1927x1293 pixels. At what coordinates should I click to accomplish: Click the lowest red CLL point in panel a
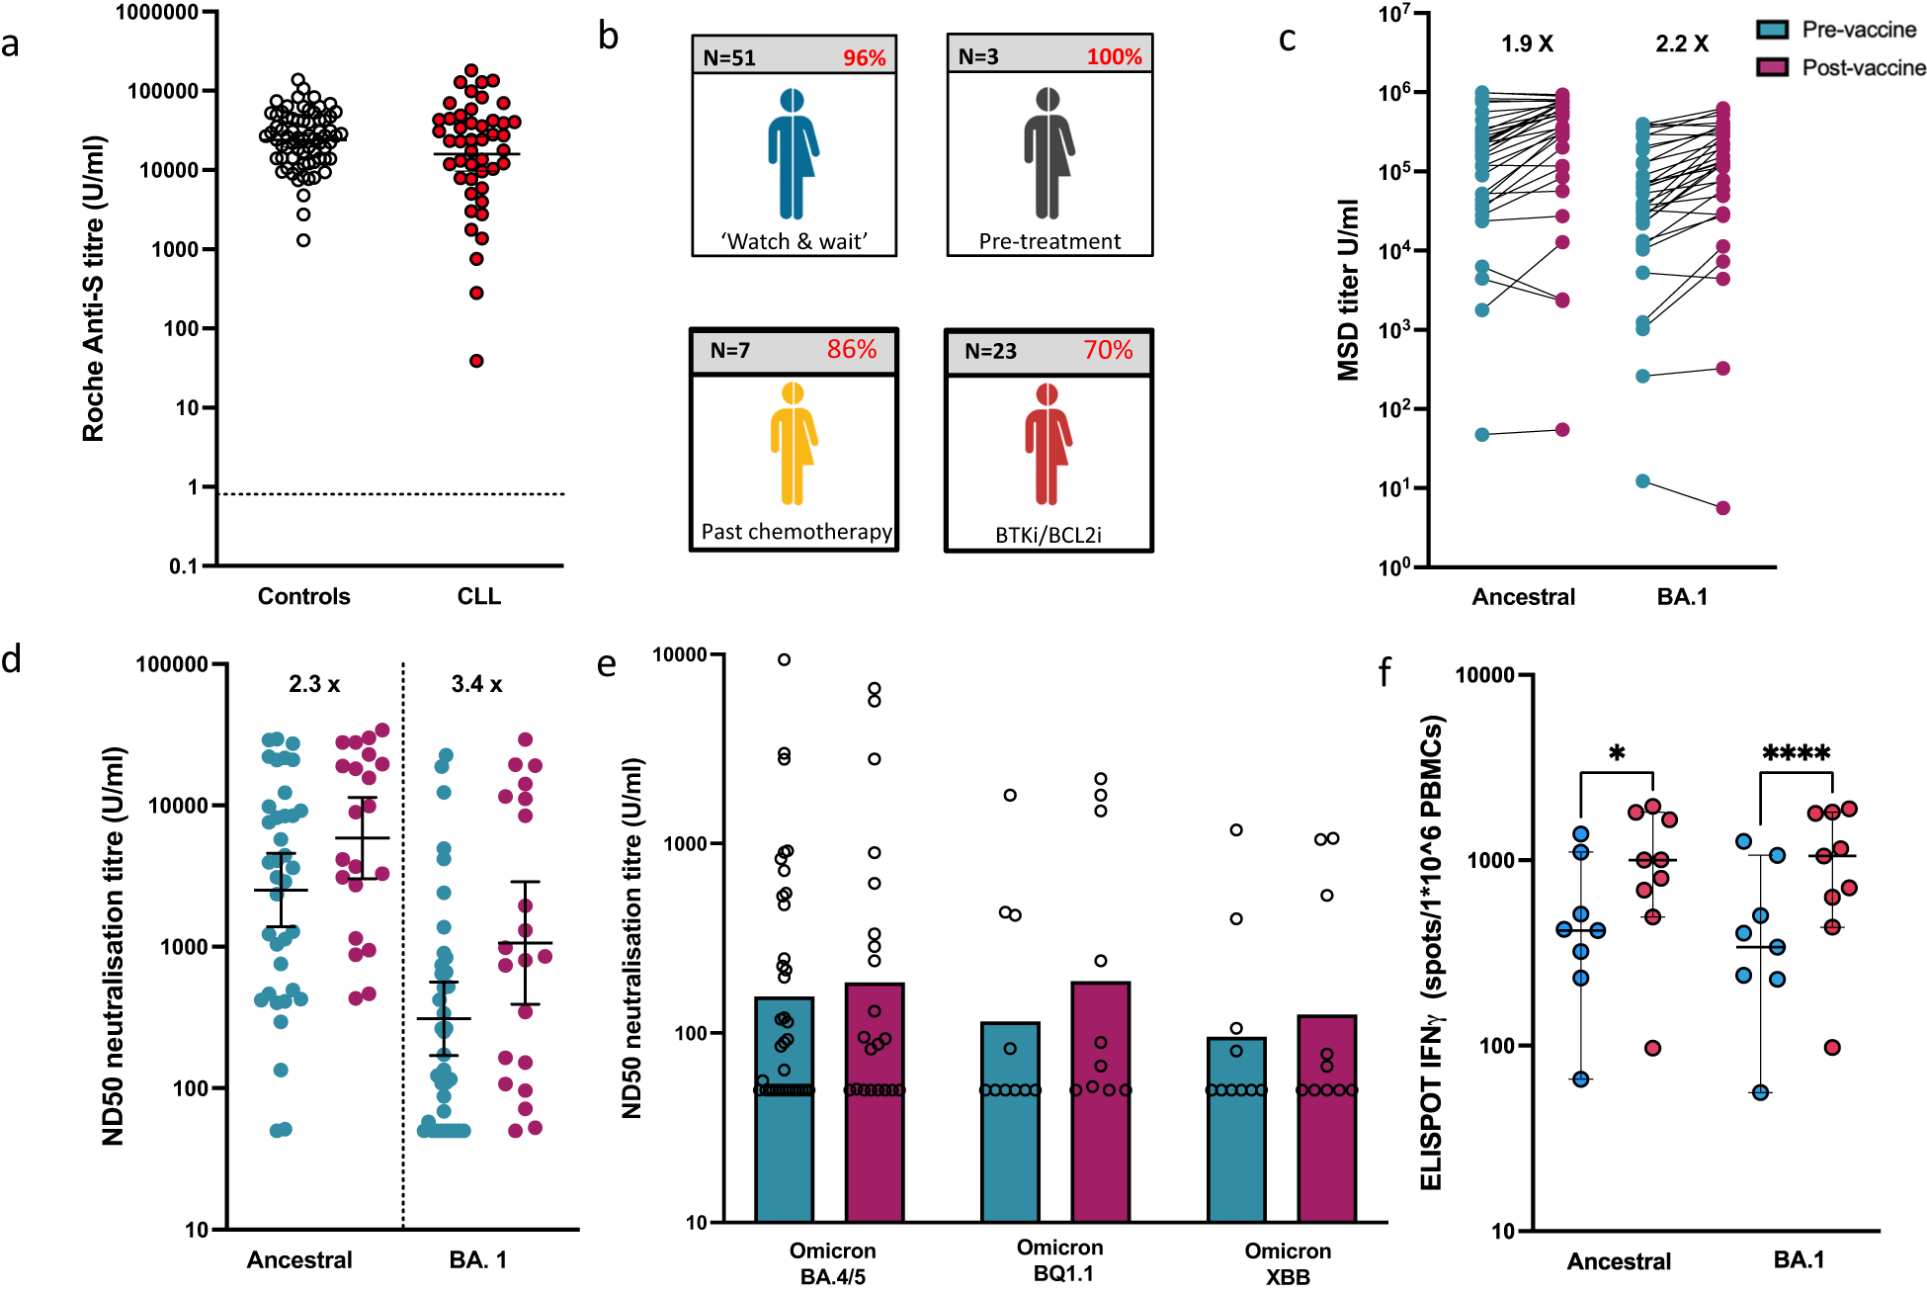pos(476,361)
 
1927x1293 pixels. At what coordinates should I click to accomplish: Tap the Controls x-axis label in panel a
pos(303,596)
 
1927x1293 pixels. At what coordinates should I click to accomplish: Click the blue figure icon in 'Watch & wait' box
pos(792,153)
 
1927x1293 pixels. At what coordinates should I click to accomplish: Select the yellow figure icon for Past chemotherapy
pos(793,444)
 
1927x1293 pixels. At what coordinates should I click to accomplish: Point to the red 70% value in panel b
pos(1108,350)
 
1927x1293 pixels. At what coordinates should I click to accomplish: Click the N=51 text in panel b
pos(729,58)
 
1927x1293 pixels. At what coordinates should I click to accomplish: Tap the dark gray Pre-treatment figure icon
pos(1047,153)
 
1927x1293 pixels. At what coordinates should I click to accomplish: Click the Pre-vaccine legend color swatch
pos(1772,30)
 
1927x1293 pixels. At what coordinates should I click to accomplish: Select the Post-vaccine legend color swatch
pos(1772,67)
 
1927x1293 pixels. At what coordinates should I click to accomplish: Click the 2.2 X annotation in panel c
pos(1682,43)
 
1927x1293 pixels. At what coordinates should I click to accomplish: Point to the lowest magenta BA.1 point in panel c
pos(1722,508)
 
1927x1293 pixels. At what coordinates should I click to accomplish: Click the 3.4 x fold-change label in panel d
pos(476,684)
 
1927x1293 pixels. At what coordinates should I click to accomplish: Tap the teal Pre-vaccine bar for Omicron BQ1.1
pos(1010,1122)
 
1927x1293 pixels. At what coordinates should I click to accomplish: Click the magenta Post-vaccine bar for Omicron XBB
pos(1326,1117)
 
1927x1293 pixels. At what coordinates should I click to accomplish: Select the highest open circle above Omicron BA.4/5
pos(784,659)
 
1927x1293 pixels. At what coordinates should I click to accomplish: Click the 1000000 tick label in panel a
pos(157,13)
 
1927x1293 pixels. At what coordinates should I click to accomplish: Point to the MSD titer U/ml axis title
pos(1348,290)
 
